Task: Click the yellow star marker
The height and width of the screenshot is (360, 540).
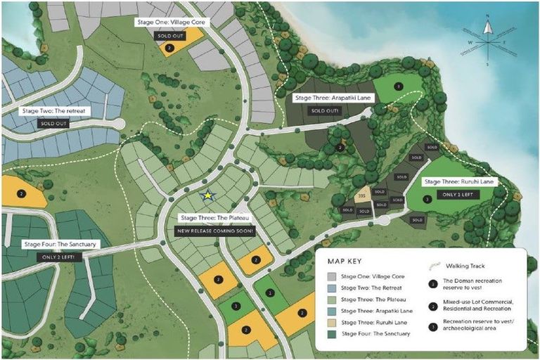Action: point(207,196)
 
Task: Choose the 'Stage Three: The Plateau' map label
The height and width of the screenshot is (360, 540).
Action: point(216,218)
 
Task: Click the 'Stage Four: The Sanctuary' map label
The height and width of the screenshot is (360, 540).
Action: point(59,245)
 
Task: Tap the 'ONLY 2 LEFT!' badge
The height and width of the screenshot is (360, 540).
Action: point(59,257)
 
